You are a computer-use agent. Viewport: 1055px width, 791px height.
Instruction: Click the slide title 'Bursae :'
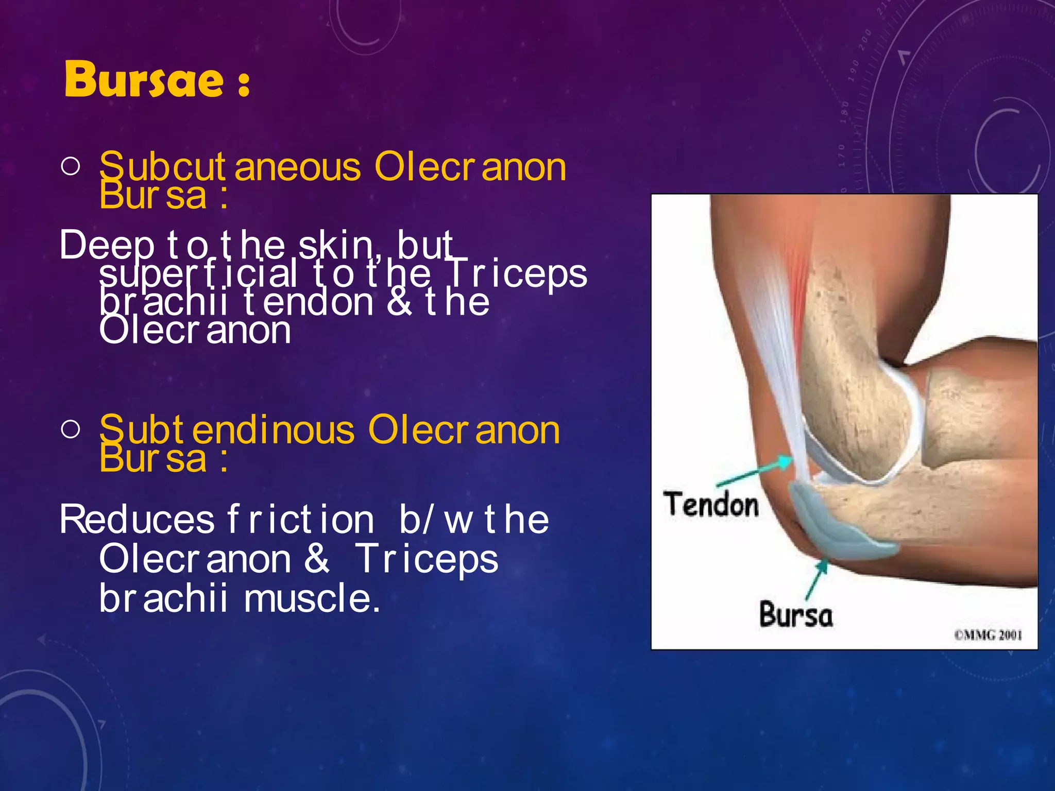point(157,80)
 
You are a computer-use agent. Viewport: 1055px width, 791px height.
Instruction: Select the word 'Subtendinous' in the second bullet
point(227,431)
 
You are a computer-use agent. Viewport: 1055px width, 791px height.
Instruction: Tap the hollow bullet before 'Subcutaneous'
point(70,166)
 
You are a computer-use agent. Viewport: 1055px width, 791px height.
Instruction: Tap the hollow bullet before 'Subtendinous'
point(70,428)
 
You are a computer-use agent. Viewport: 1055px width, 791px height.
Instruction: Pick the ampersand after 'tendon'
point(399,302)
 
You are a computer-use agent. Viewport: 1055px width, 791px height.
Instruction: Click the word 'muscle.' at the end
point(312,598)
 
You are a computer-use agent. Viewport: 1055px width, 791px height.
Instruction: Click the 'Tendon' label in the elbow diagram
point(711,505)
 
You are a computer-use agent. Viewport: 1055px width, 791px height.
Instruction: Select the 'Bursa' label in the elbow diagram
point(795,614)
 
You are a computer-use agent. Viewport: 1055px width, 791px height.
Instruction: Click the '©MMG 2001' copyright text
point(988,635)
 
